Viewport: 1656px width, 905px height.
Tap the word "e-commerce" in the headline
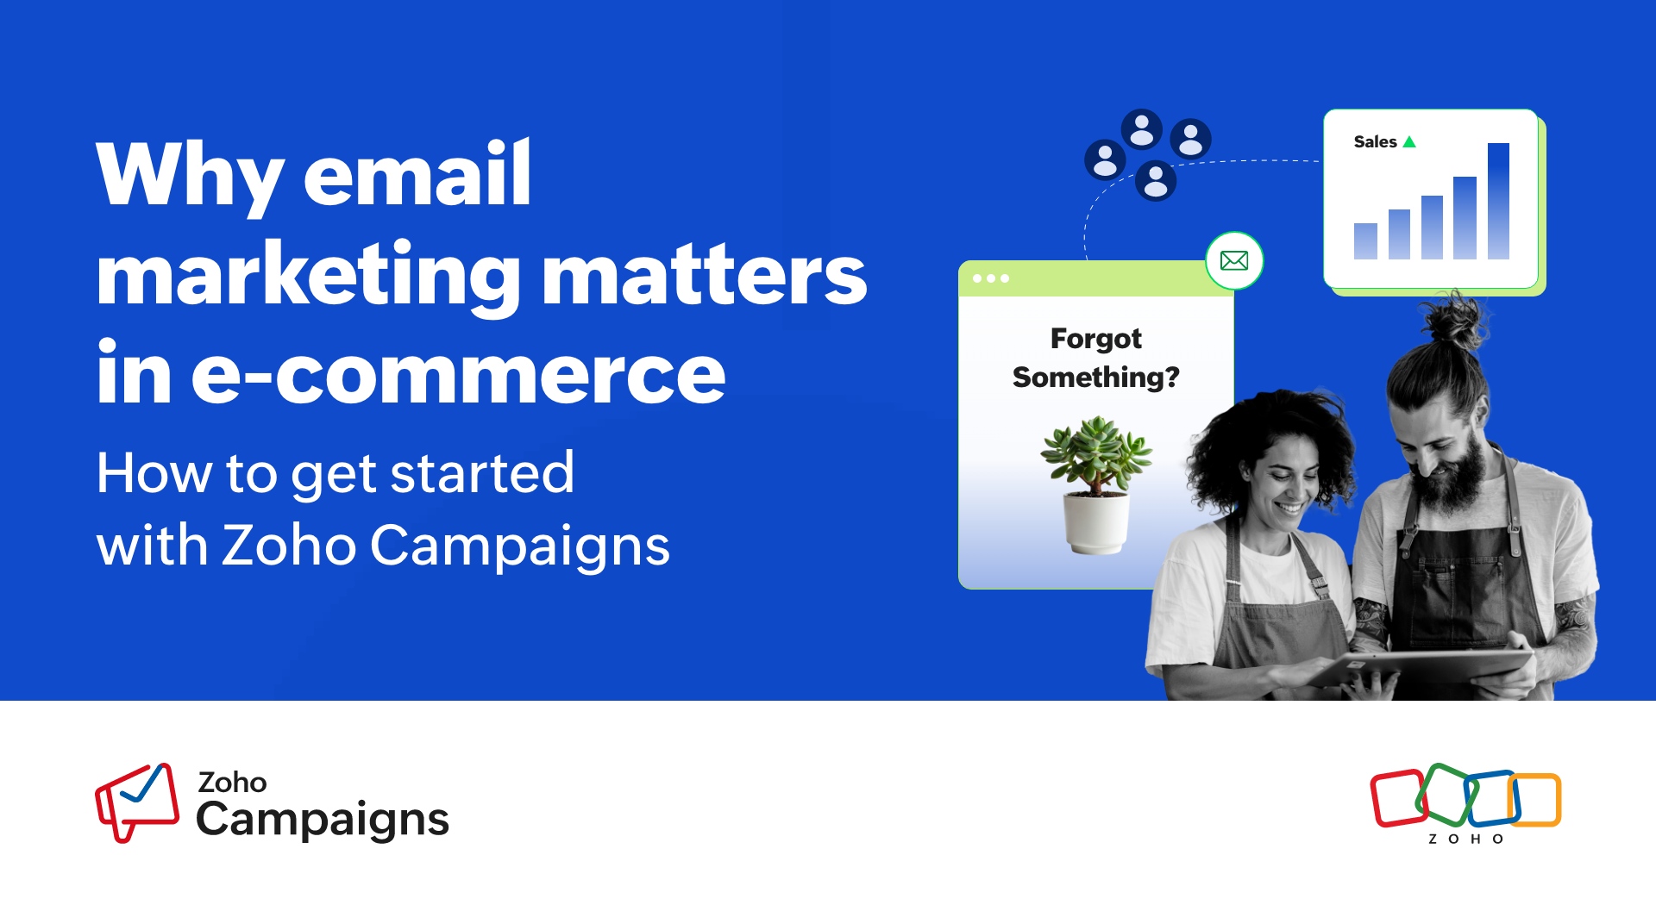tap(458, 375)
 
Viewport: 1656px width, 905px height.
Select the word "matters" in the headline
tap(704, 276)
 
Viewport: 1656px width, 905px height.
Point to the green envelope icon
tap(1234, 260)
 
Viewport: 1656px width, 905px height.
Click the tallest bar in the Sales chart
tap(1498, 201)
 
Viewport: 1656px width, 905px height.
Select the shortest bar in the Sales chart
tap(1365, 241)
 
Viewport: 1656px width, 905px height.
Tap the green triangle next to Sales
tap(1409, 142)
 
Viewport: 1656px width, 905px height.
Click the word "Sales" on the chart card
tap(1375, 142)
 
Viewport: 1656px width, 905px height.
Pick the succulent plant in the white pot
tap(1095, 483)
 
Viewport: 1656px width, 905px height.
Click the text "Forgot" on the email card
tap(1095, 339)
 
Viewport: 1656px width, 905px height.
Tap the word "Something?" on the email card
tap(1095, 378)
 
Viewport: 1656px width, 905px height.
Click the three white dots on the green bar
tap(990, 278)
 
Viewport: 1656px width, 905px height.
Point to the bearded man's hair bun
tap(1456, 323)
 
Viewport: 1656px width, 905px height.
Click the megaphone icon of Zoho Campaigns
tap(136, 802)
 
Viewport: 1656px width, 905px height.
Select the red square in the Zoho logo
tap(1397, 798)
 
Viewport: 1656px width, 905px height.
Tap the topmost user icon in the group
tap(1141, 130)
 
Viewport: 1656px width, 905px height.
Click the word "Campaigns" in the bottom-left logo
tap(323, 820)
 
